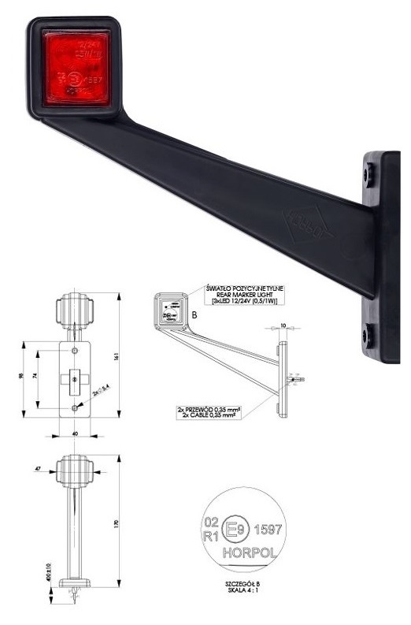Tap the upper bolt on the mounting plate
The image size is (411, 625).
coord(368,174)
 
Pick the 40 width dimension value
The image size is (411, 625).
coord(75,436)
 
